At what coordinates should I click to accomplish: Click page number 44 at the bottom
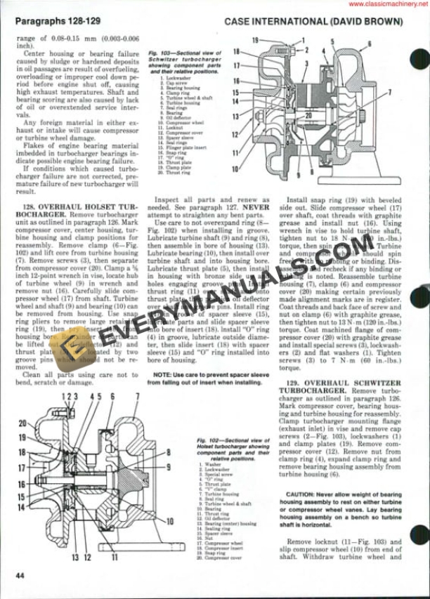pos(19,576)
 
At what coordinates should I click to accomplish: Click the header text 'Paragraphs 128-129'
pos(56,22)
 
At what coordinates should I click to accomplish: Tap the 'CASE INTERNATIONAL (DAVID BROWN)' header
pos(313,22)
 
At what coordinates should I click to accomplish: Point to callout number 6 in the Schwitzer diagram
pos(369,43)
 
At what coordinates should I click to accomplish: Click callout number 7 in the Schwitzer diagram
pos(390,92)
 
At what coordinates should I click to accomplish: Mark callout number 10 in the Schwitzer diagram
pos(235,169)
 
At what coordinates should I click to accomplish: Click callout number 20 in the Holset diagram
pos(22,423)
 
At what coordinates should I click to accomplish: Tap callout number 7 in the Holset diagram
pos(138,396)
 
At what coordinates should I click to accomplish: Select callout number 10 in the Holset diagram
pos(169,521)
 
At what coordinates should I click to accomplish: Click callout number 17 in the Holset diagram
pos(22,467)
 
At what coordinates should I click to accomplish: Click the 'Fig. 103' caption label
pos(159,53)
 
